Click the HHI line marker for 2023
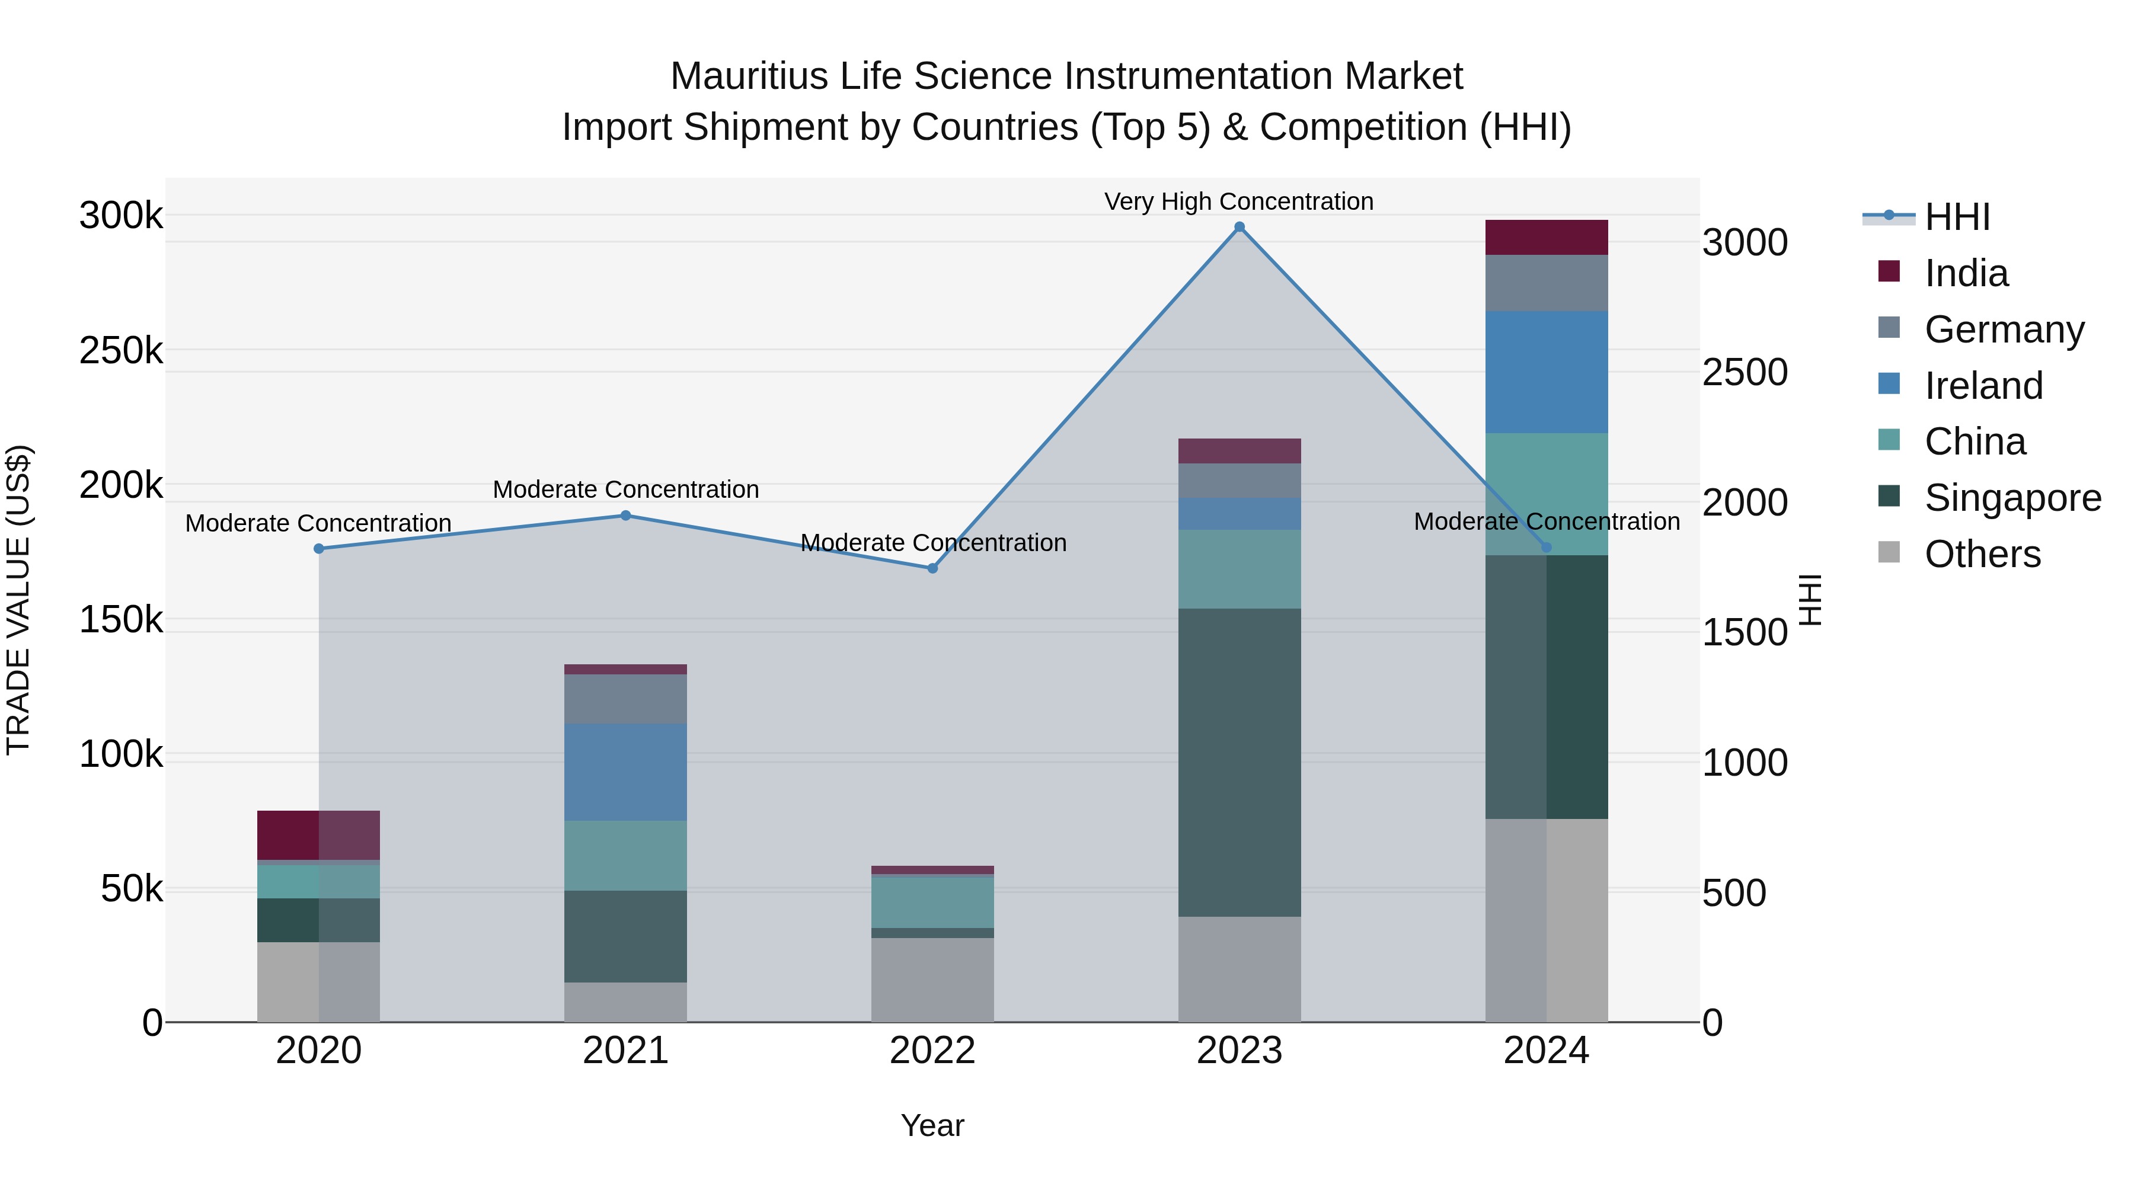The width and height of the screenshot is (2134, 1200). tap(1239, 227)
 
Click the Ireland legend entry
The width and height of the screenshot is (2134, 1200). tap(1983, 386)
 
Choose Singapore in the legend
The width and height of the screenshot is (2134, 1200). tap(2012, 498)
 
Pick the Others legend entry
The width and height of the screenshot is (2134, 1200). tap(1982, 554)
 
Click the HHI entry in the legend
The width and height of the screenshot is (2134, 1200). tap(1957, 217)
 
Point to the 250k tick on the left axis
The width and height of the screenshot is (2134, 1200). tap(121, 350)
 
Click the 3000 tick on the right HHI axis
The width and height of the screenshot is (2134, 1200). tap(1745, 242)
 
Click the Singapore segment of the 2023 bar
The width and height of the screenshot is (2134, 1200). tap(1239, 762)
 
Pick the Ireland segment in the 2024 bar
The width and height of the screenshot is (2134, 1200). tap(1546, 372)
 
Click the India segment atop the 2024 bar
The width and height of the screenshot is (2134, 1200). tap(1546, 238)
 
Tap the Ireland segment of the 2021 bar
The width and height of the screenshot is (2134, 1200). tap(625, 772)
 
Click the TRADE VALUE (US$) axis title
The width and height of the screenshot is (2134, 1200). tap(18, 600)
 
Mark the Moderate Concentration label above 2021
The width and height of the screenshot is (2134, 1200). tap(625, 489)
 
